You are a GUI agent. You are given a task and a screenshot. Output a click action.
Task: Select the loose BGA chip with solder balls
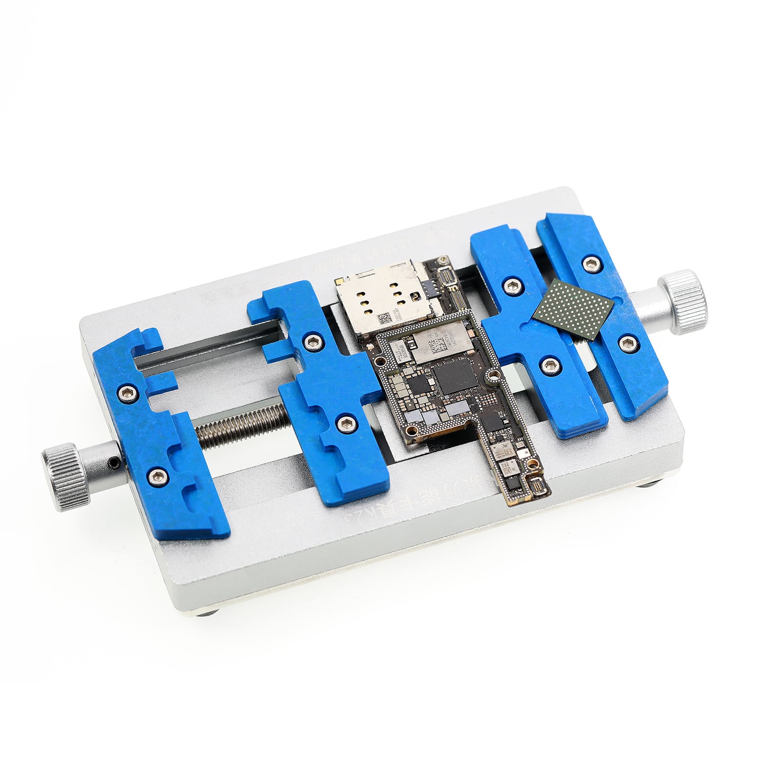point(573,308)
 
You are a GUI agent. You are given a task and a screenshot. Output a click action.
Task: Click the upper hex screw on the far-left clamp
point(125,392)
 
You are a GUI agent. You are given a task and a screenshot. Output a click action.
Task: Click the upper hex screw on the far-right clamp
point(591,262)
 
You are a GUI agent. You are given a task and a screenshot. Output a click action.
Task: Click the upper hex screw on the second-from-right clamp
point(513,285)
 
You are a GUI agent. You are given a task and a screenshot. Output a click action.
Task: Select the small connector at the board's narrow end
point(536,488)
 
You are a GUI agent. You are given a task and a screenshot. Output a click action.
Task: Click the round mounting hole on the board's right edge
point(492,377)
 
